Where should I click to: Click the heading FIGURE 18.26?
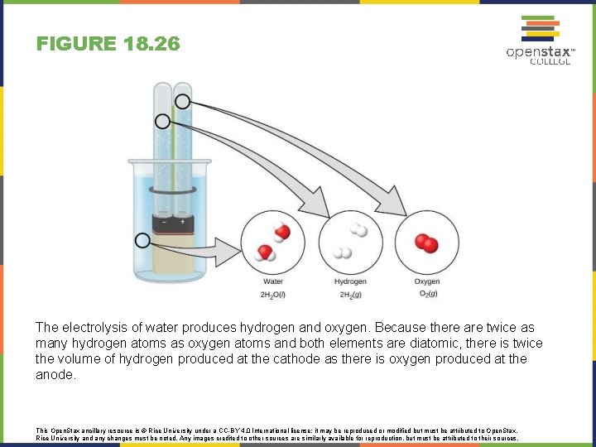[108, 44]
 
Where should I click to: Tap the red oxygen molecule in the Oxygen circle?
[426, 243]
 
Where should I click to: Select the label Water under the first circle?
[272, 282]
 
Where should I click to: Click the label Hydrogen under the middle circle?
[350, 282]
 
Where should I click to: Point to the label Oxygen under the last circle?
[427, 282]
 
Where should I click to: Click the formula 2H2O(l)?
[272, 295]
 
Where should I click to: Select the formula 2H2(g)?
[350, 295]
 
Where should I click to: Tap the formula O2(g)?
[427, 295]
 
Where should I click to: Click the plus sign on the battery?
[182, 222]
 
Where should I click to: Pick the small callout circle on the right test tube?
[182, 102]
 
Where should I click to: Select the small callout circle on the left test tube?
[162, 121]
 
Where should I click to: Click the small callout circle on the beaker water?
[142, 241]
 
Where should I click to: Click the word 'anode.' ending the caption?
[55, 375]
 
